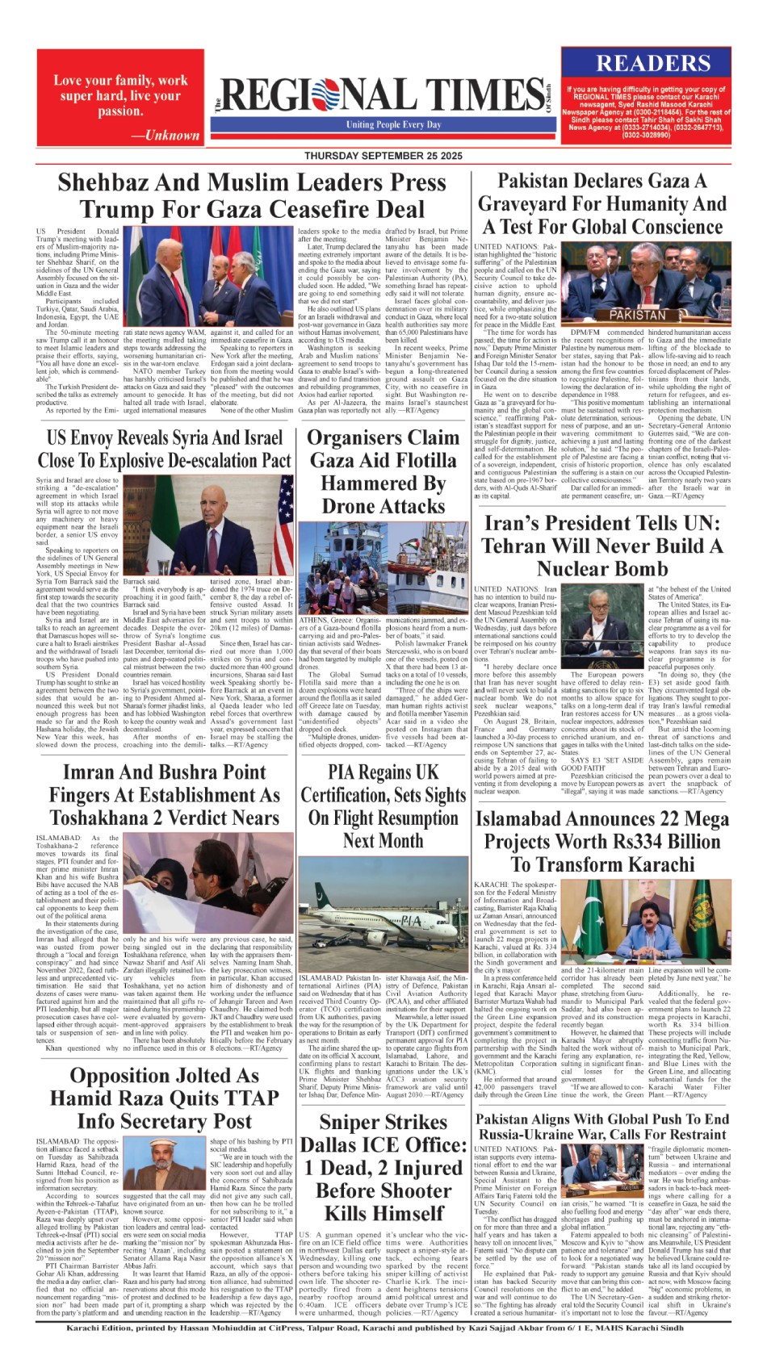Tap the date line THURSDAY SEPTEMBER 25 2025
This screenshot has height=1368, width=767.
point(383,156)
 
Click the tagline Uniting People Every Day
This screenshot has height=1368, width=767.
point(394,125)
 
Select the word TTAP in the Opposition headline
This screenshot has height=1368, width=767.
point(250,1098)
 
